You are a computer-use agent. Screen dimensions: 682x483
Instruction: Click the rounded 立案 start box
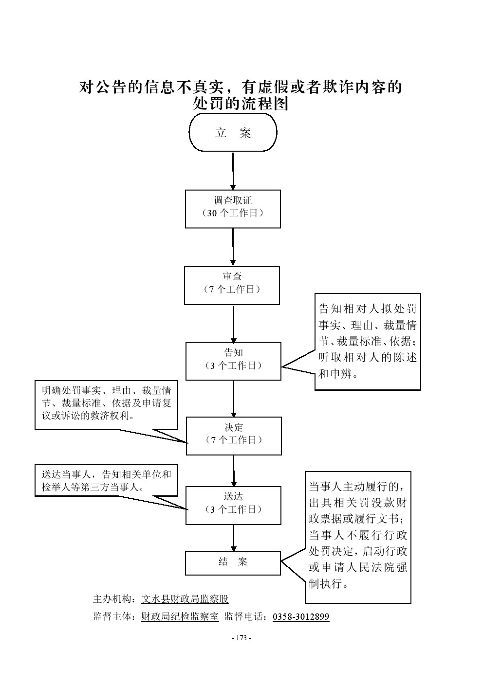pyautogui.click(x=233, y=133)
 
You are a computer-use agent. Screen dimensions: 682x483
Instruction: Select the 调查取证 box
pyautogui.click(x=233, y=209)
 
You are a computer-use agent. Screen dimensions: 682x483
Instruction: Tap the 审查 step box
pyautogui.click(x=232, y=285)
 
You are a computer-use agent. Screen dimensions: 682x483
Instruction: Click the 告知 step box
pyautogui.click(x=233, y=361)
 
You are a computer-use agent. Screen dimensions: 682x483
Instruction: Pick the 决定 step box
pyautogui.click(x=234, y=436)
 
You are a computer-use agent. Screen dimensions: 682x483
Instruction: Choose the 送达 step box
pyautogui.click(x=233, y=505)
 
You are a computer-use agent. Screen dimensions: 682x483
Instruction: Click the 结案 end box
pyautogui.click(x=233, y=562)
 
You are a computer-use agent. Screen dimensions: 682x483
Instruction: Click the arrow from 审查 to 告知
pyautogui.click(x=233, y=323)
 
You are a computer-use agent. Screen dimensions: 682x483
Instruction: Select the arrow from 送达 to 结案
pyautogui.click(x=233, y=538)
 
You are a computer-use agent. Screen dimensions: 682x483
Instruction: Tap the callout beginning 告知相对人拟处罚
pyautogui.click(x=368, y=341)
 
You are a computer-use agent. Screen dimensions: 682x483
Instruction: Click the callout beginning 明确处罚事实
pyautogui.click(x=106, y=405)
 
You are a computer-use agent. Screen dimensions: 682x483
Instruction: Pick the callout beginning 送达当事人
pyautogui.click(x=106, y=481)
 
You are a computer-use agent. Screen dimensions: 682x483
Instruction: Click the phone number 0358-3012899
pyautogui.click(x=300, y=617)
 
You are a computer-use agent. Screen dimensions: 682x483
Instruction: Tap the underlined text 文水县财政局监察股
pyautogui.click(x=185, y=599)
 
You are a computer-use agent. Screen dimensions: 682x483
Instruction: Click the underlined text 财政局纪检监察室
pyautogui.click(x=180, y=617)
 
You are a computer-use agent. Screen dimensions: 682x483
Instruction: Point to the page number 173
pyautogui.click(x=241, y=638)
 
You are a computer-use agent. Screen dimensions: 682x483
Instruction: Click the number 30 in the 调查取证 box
pyautogui.click(x=213, y=213)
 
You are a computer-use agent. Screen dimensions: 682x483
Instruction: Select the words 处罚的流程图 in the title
pyautogui.click(x=241, y=104)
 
